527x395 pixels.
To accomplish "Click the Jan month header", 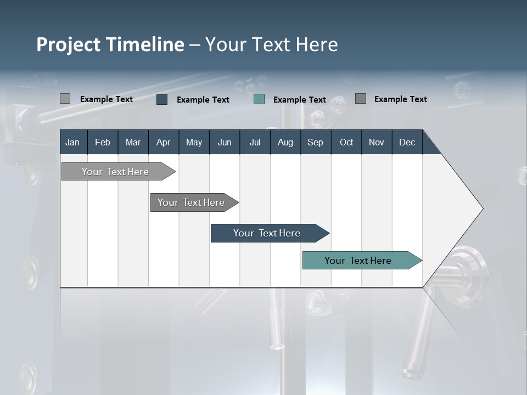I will tap(72, 142).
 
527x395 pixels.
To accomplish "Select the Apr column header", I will tap(163, 142).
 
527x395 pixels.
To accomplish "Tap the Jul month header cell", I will tap(255, 142).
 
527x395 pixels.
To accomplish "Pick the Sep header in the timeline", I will tap(315, 142).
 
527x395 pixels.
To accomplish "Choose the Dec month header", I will tap(407, 142).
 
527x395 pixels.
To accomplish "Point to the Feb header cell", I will tap(103, 142).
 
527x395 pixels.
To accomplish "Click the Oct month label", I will tap(346, 142).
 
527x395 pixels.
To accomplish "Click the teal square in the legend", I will tap(259, 99).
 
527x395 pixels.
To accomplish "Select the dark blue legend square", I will tap(162, 99).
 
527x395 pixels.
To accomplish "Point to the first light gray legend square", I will tap(65, 99).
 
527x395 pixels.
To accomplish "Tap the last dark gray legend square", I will tap(361, 99).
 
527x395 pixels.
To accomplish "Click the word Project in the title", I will tap(69, 44).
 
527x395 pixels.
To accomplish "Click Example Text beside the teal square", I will tap(299, 100).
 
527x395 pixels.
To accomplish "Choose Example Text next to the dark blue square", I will tap(203, 100).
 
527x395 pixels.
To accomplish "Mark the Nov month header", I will tap(377, 142).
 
